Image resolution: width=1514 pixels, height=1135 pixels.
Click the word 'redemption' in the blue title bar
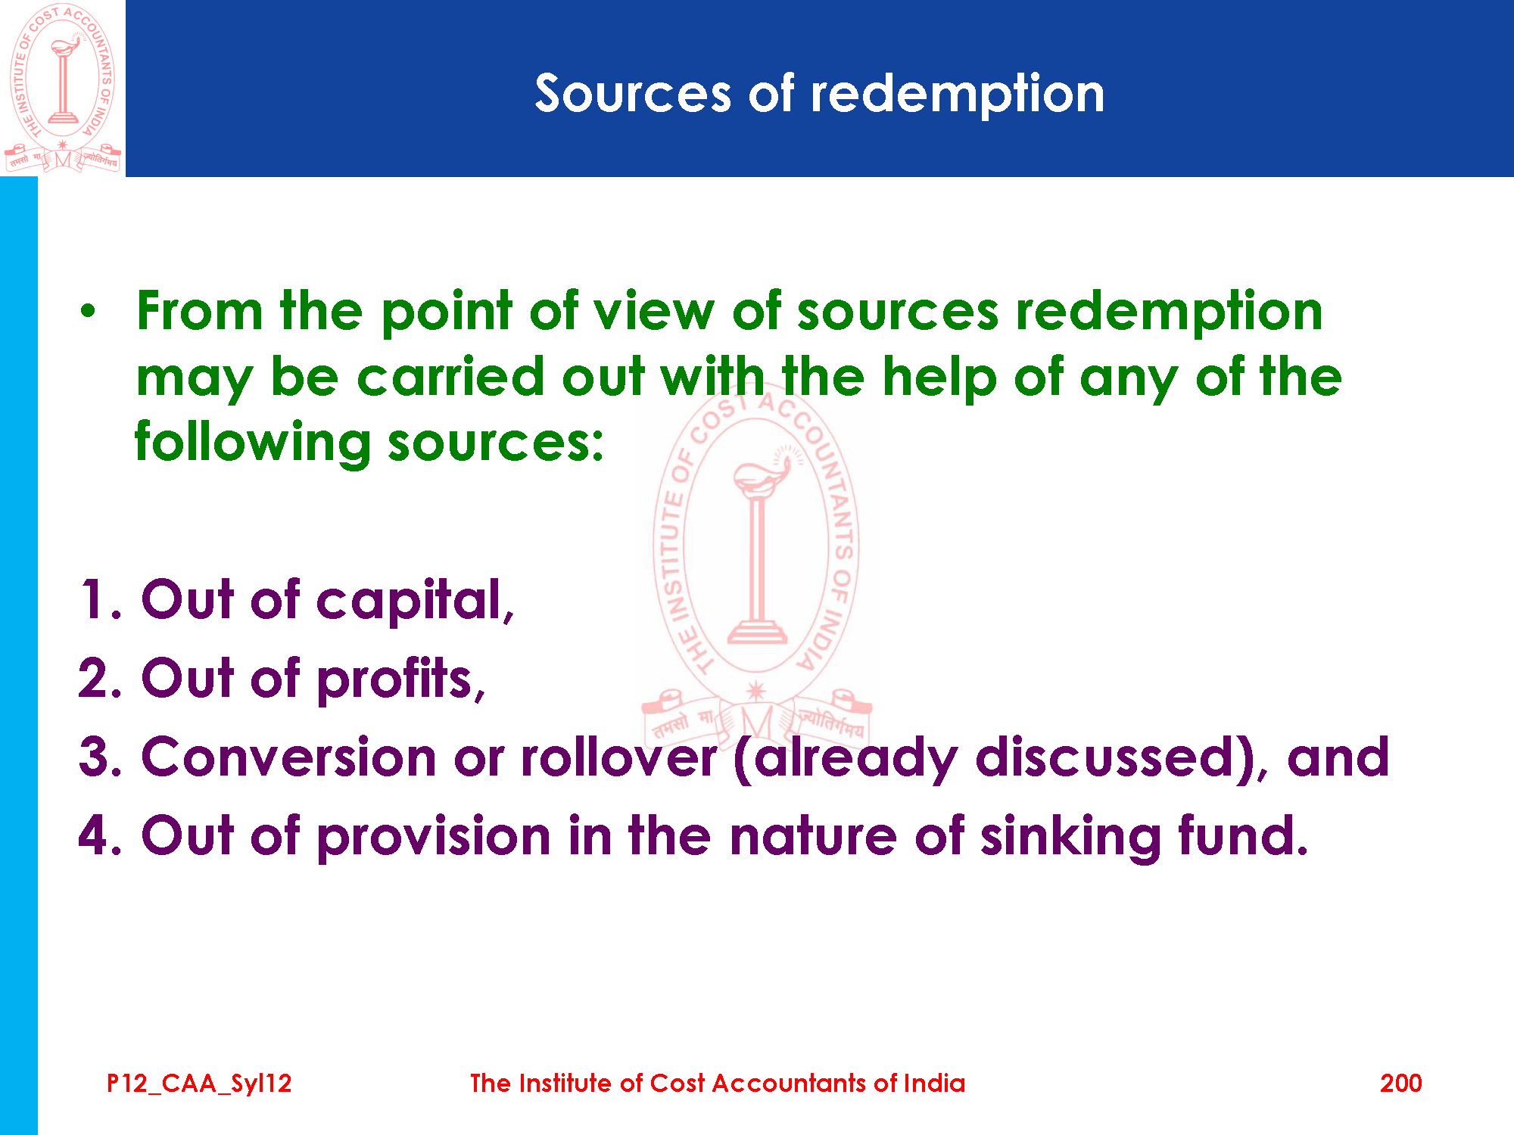tap(958, 95)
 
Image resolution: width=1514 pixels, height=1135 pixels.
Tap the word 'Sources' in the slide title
tap(633, 94)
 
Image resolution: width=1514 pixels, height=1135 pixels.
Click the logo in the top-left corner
tap(62, 88)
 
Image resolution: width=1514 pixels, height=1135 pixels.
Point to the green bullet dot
tap(89, 311)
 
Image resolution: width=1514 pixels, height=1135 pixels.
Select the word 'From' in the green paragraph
tap(200, 311)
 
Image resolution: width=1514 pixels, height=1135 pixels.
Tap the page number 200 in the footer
tap(1400, 1084)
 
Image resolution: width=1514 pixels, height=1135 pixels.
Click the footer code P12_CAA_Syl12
tap(199, 1084)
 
